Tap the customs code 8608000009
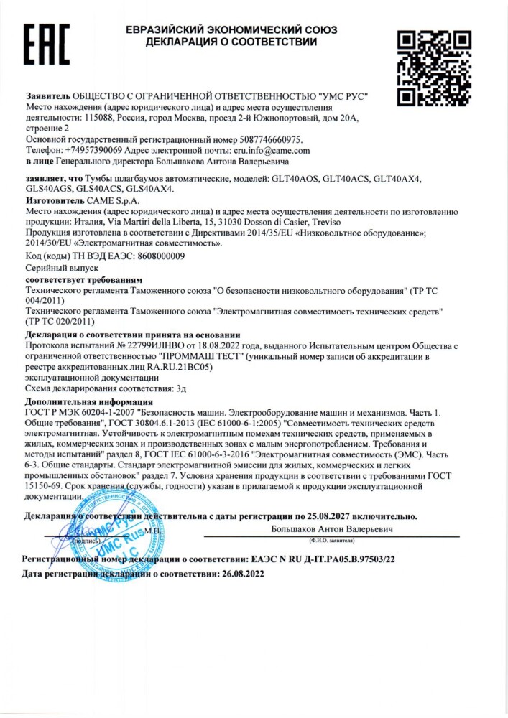coord(152,256)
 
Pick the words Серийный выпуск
coord(56,266)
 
